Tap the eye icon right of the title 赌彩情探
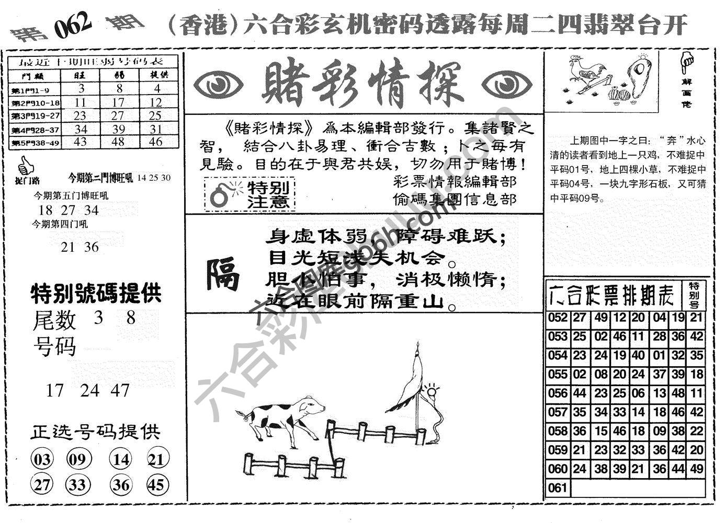[506, 84]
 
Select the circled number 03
[42, 460]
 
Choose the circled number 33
[77, 485]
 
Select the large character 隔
[222, 274]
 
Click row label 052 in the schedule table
[558, 318]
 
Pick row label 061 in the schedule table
[558, 488]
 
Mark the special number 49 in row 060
[696, 469]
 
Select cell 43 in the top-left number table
[80, 142]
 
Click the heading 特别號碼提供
[96, 294]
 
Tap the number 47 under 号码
[120, 390]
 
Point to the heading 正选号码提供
[95, 432]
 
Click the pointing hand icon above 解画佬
[687, 63]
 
